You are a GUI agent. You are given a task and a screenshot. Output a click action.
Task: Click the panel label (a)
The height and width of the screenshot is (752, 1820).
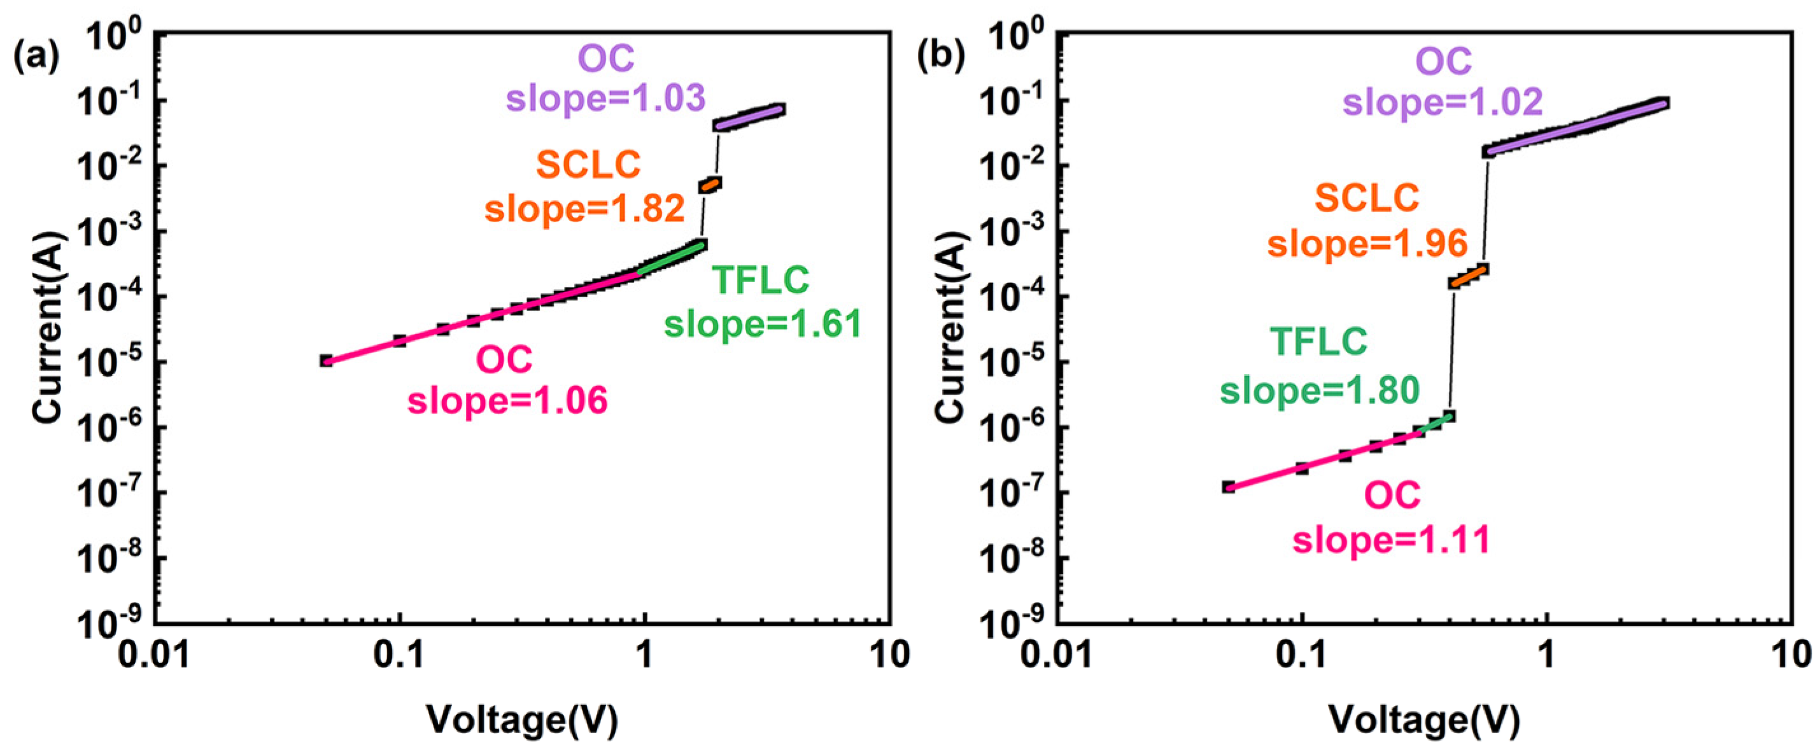(37, 57)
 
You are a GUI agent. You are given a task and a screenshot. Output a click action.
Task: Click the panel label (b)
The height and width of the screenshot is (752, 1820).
(940, 57)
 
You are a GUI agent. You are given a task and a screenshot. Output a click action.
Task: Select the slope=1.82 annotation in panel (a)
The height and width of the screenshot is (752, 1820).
(585, 208)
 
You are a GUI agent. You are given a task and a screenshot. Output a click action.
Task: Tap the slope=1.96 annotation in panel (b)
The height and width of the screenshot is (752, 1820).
(1367, 244)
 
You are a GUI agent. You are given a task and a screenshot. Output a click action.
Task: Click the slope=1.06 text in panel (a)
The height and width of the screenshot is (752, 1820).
(507, 400)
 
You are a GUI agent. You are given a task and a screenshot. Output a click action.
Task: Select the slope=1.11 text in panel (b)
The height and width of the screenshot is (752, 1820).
(1391, 540)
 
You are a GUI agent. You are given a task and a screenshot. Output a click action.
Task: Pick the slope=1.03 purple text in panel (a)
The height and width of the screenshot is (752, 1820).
(605, 97)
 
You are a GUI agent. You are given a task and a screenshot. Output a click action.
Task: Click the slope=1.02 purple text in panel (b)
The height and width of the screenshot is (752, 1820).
(1442, 102)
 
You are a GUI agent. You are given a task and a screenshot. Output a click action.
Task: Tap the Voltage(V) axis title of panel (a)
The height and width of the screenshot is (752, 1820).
(522, 720)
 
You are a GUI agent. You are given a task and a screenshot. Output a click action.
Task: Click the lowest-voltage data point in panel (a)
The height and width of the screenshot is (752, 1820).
(326, 361)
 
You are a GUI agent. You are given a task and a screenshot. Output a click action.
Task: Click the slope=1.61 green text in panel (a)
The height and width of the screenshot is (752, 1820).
(763, 324)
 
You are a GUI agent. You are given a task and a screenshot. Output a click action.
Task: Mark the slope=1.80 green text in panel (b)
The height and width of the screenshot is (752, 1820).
(1320, 390)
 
